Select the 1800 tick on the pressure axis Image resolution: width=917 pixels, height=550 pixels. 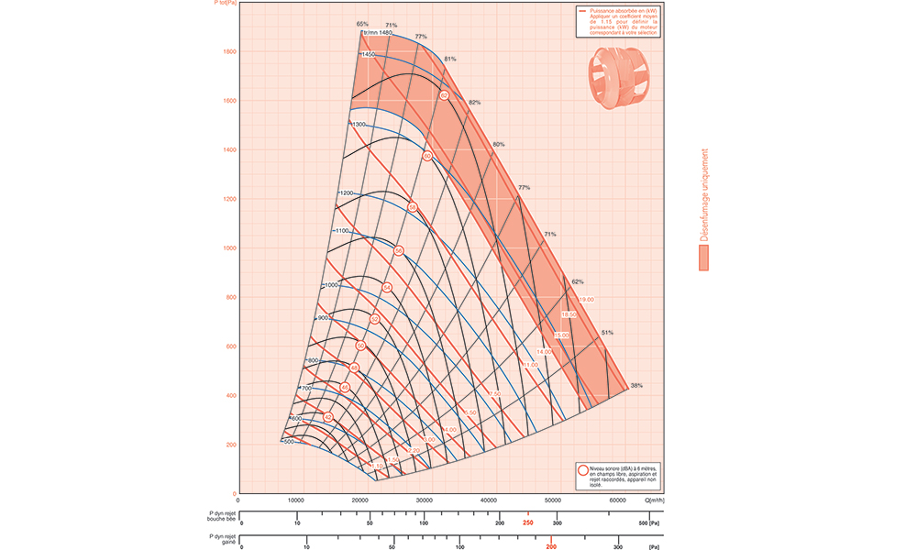pyautogui.click(x=228, y=52)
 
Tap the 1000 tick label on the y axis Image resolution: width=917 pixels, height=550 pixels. pyautogui.click(x=228, y=248)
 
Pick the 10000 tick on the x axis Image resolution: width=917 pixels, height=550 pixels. pyautogui.click(x=296, y=500)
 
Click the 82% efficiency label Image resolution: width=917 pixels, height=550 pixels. pyautogui.click(x=474, y=102)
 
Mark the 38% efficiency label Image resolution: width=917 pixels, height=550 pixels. pyautogui.click(x=636, y=385)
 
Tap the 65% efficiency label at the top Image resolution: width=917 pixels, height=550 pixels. pyautogui.click(x=362, y=24)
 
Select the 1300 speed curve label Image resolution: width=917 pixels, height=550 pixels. pyautogui.click(x=358, y=124)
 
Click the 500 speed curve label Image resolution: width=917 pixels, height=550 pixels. pyautogui.click(x=288, y=442)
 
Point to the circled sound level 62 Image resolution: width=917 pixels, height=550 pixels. pyautogui.click(x=444, y=95)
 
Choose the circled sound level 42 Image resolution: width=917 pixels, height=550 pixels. pyautogui.click(x=328, y=417)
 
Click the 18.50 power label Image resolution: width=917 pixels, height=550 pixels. pyautogui.click(x=569, y=314)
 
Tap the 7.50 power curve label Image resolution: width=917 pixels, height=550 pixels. pyautogui.click(x=494, y=393)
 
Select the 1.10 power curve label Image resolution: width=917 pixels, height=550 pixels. pyautogui.click(x=377, y=466)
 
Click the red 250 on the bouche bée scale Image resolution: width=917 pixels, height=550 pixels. pyautogui.click(x=527, y=522)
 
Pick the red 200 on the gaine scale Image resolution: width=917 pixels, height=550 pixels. pyautogui.click(x=550, y=546)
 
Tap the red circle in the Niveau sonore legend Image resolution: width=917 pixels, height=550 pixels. pyautogui.click(x=583, y=470)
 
